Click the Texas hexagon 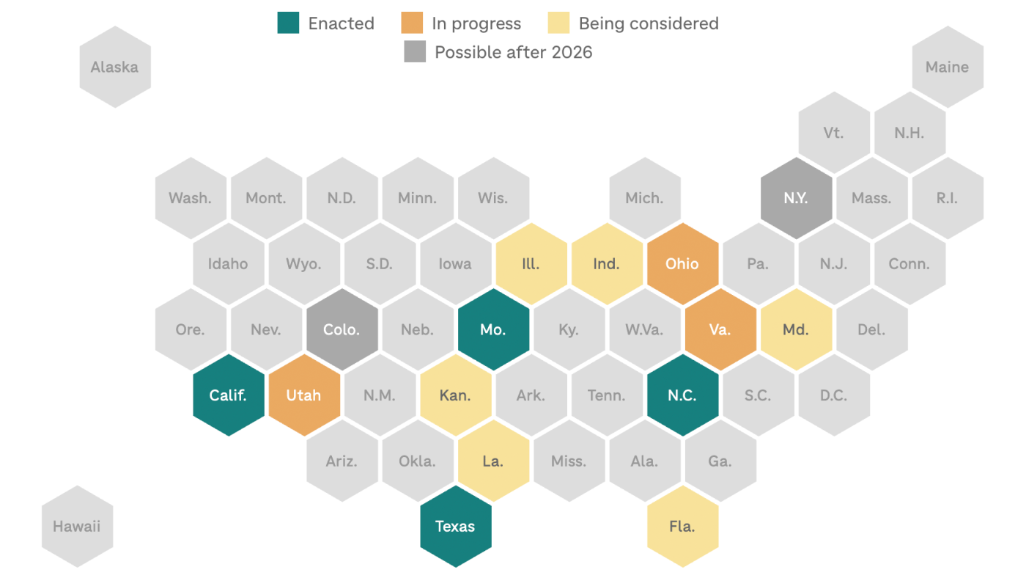coord(455,526)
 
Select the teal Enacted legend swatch coord(288,23)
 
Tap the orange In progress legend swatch coord(413,23)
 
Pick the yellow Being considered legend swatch coord(558,23)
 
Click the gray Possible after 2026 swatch coord(415,52)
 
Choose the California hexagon coord(228,395)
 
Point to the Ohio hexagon coord(682,264)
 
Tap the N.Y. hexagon coord(796,198)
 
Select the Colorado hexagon coord(342,329)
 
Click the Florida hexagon coord(682,526)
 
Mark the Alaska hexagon coord(114,67)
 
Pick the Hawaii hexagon coord(77,526)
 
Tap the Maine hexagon coord(947,67)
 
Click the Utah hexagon coord(304,395)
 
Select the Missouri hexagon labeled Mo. coord(493,329)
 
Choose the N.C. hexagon coord(682,395)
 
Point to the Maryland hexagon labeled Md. coord(796,329)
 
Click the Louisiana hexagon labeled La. coord(493,461)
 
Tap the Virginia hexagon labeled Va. coord(720,329)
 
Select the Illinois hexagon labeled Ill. coord(531,264)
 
